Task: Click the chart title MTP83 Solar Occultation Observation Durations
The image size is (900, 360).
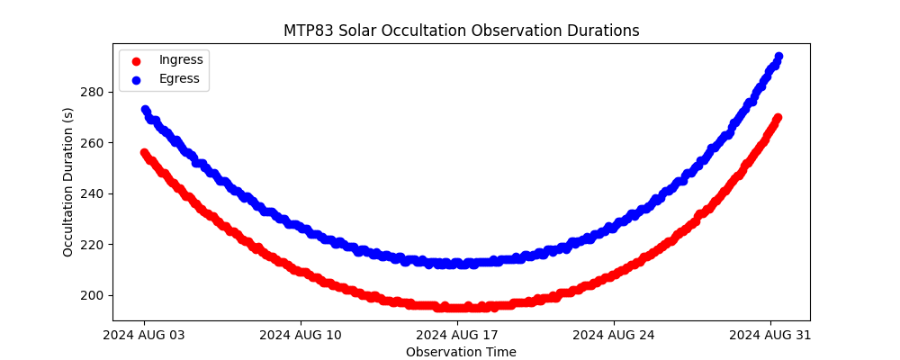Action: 461,31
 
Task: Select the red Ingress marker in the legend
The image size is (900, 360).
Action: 136,60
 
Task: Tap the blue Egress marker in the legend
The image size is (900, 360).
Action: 136,79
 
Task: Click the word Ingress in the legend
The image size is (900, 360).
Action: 181,60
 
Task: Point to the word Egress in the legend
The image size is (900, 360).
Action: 179,79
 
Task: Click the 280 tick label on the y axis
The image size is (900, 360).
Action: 92,92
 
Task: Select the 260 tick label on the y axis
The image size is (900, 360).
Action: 92,142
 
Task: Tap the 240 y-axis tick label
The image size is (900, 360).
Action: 92,193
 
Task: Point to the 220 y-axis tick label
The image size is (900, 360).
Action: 92,244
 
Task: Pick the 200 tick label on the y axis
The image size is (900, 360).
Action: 92,295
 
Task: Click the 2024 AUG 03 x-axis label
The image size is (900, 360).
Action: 144,336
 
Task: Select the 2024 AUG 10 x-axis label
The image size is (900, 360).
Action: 301,336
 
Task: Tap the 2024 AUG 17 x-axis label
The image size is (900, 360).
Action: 457,336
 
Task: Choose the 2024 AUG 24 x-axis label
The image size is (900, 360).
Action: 614,336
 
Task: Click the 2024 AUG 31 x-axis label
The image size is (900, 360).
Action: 770,336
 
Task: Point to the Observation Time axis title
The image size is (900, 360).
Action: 461,352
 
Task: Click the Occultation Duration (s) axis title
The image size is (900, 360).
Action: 68,182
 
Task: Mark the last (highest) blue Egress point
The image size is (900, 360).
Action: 778,57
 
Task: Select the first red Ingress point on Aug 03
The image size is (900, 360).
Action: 144,153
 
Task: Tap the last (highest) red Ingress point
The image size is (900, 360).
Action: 778,118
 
